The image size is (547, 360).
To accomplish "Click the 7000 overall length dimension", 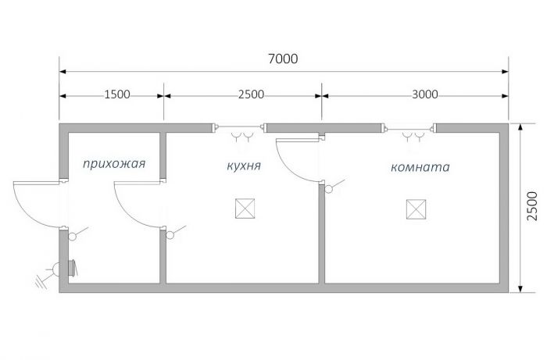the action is point(283,59).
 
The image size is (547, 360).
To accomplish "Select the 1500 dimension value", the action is point(117,94).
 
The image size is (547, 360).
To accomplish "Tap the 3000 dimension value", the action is point(424,94).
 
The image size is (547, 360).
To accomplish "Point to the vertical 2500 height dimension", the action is point(532,206).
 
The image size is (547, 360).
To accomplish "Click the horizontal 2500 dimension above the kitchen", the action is point(251,94).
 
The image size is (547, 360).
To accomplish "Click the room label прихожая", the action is point(114,164).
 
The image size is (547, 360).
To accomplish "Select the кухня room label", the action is point(244,166).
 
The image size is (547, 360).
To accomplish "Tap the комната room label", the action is point(420,167).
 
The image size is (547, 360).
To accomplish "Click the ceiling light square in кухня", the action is point(245,209).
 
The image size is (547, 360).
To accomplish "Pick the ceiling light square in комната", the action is point(416,209).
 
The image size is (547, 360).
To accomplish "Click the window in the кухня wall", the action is point(238,127).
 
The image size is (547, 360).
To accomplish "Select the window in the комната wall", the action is point(409,129).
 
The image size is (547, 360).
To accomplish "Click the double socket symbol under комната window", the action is point(413,137).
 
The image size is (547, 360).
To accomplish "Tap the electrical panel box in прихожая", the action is point(73,268).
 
